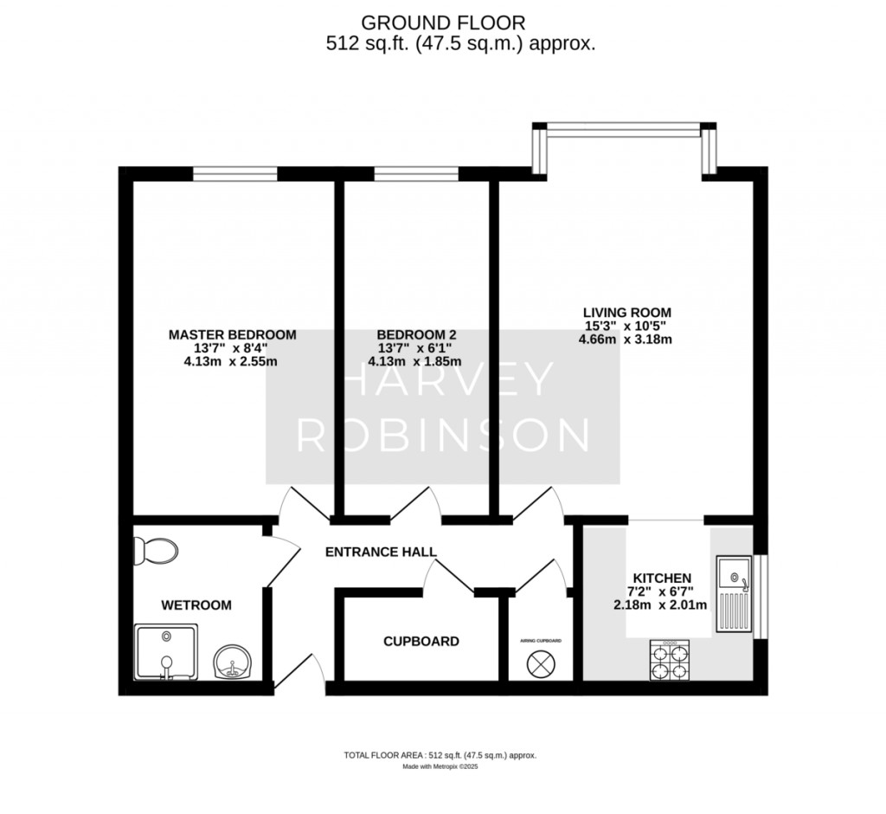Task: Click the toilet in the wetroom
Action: tap(157, 550)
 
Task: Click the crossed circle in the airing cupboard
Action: tap(541, 663)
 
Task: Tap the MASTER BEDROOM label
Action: tap(232, 334)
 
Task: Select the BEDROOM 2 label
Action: tap(416, 334)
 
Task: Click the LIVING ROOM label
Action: tap(626, 312)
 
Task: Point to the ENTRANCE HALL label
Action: tap(381, 552)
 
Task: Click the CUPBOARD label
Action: tap(421, 642)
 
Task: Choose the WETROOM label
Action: tap(196, 605)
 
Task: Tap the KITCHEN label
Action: tap(662, 578)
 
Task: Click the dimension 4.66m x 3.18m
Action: tap(626, 339)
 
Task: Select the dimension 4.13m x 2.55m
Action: tap(231, 362)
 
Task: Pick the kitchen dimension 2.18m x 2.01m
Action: tap(661, 604)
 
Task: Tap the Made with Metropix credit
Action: tap(440, 766)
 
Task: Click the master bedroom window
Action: tap(235, 174)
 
